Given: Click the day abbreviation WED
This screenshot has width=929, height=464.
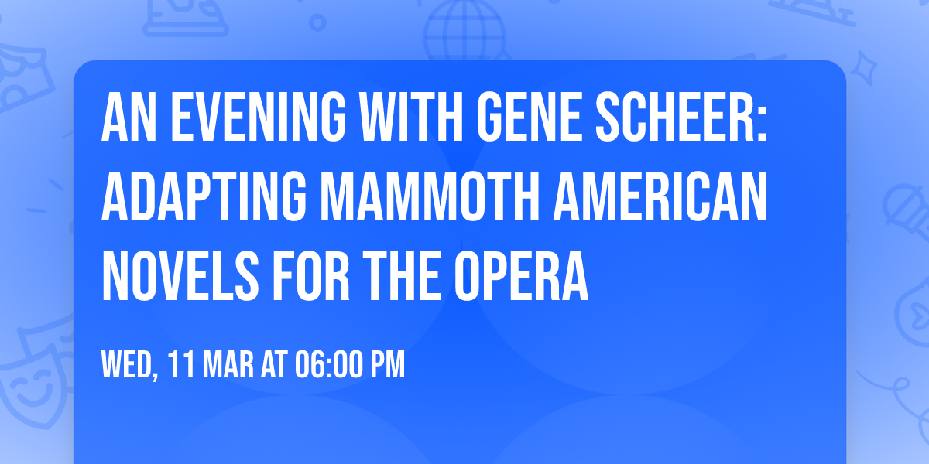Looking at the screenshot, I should pyautogui.click(x=129, y=364).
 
